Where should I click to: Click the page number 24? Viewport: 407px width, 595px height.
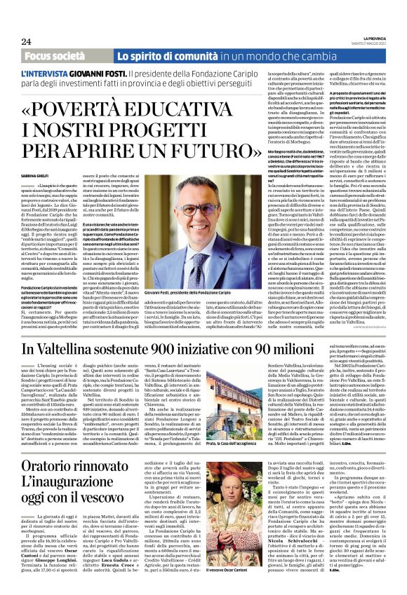coord(27,41)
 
